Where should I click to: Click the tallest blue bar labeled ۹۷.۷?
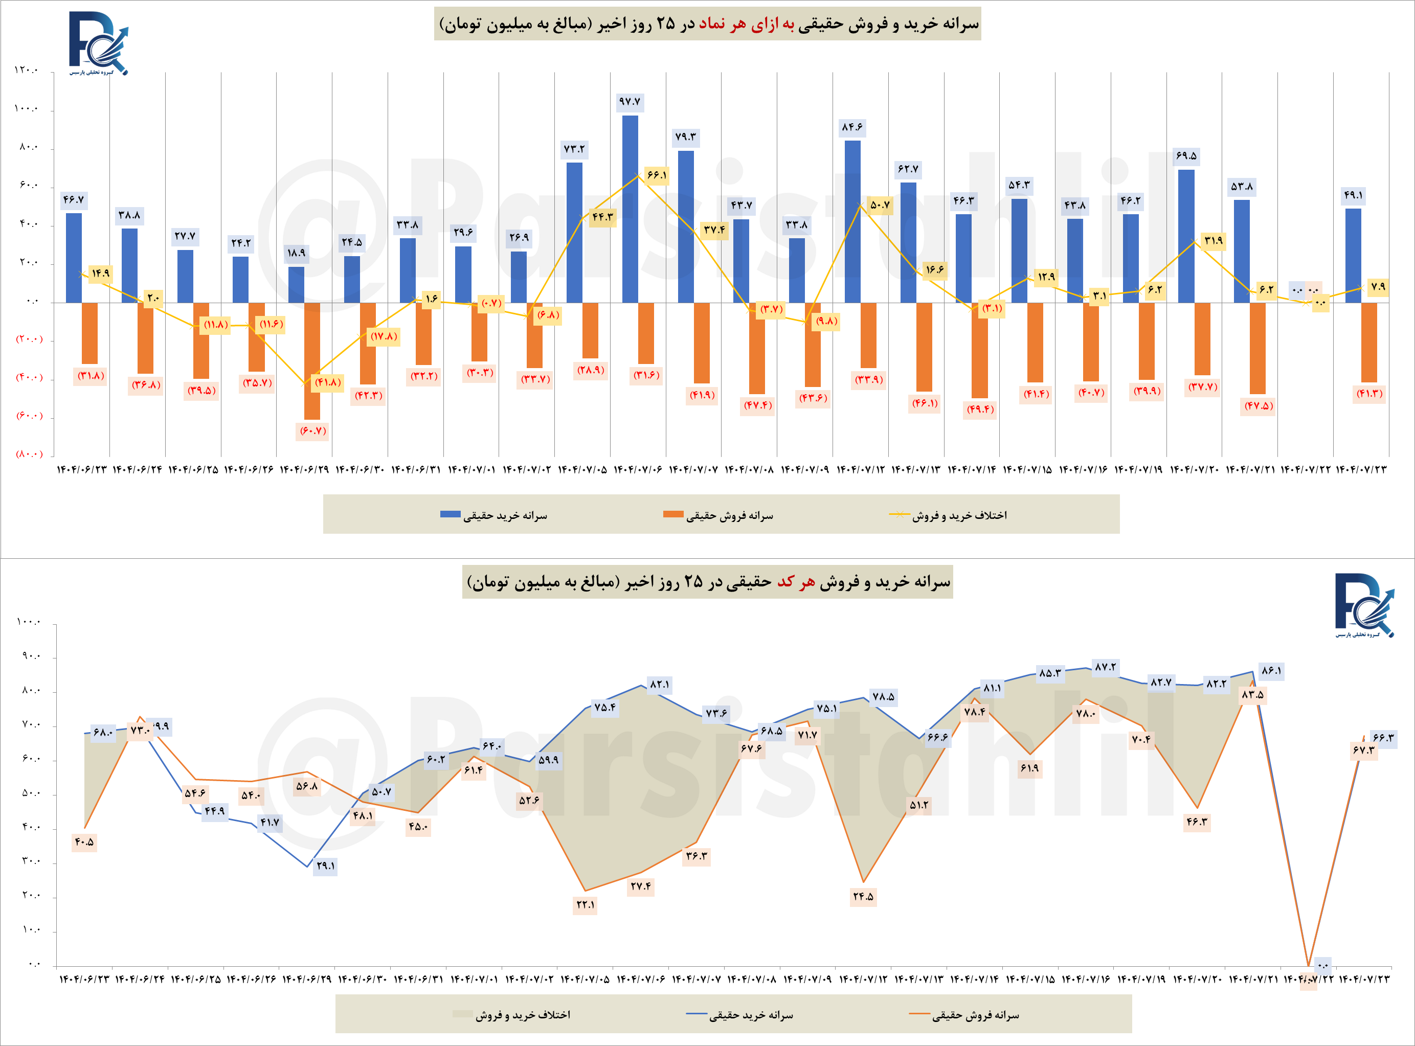tap(630, 209)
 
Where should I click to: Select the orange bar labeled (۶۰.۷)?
tap(311, 361)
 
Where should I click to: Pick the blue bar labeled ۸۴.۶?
tap(852, 221)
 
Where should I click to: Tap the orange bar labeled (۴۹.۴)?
tap(979, 350)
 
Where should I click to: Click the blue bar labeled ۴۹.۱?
tap(1353, 255)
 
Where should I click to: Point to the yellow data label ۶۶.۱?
tap(657, 175)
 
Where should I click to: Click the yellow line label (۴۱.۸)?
tap(328, 382)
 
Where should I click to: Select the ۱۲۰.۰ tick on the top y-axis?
tap(26, 70)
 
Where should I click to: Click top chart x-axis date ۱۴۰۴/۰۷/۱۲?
tap(861, 470)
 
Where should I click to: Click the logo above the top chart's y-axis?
tap(99, 43)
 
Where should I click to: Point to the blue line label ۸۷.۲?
tap(1105, 667)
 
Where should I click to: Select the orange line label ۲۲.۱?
tap(585, 905)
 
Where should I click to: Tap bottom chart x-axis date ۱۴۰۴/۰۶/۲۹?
tap(306, 980)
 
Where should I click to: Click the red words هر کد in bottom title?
tap(796, 582)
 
